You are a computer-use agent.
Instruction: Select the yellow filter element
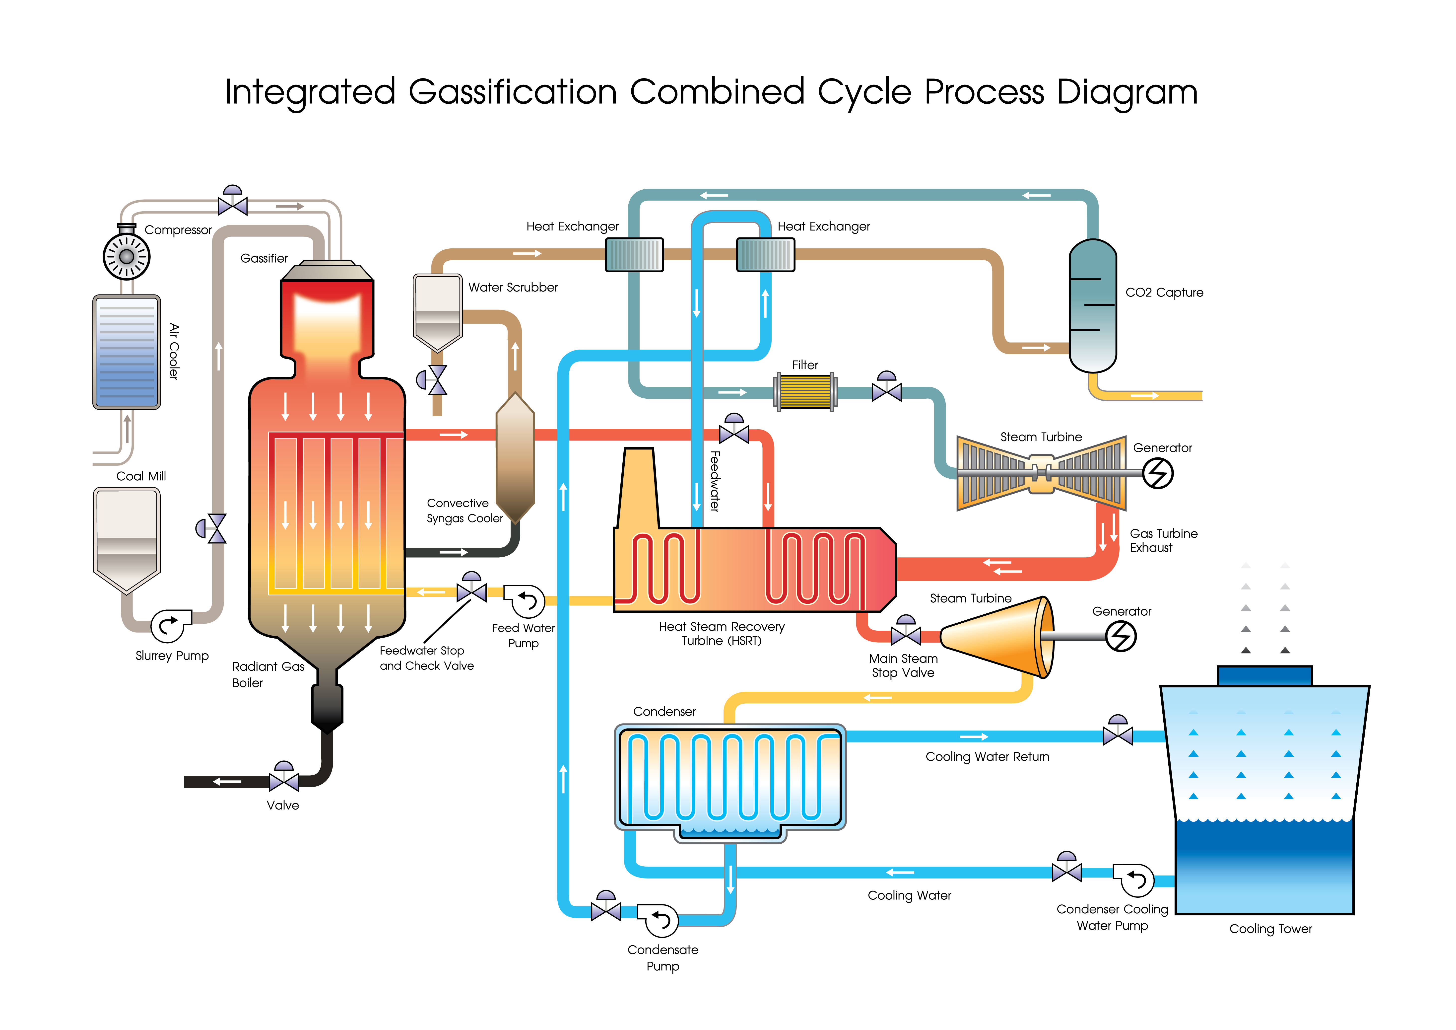[805, 391]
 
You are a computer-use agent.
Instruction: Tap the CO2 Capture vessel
[1092, 306]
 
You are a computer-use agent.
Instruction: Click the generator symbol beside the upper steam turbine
[1158, 473]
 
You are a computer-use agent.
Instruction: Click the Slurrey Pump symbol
[169, 626]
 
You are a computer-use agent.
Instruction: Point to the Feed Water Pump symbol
[526, 601]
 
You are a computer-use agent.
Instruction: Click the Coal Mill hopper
[127, 539]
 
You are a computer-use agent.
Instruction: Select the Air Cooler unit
[127, 352]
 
